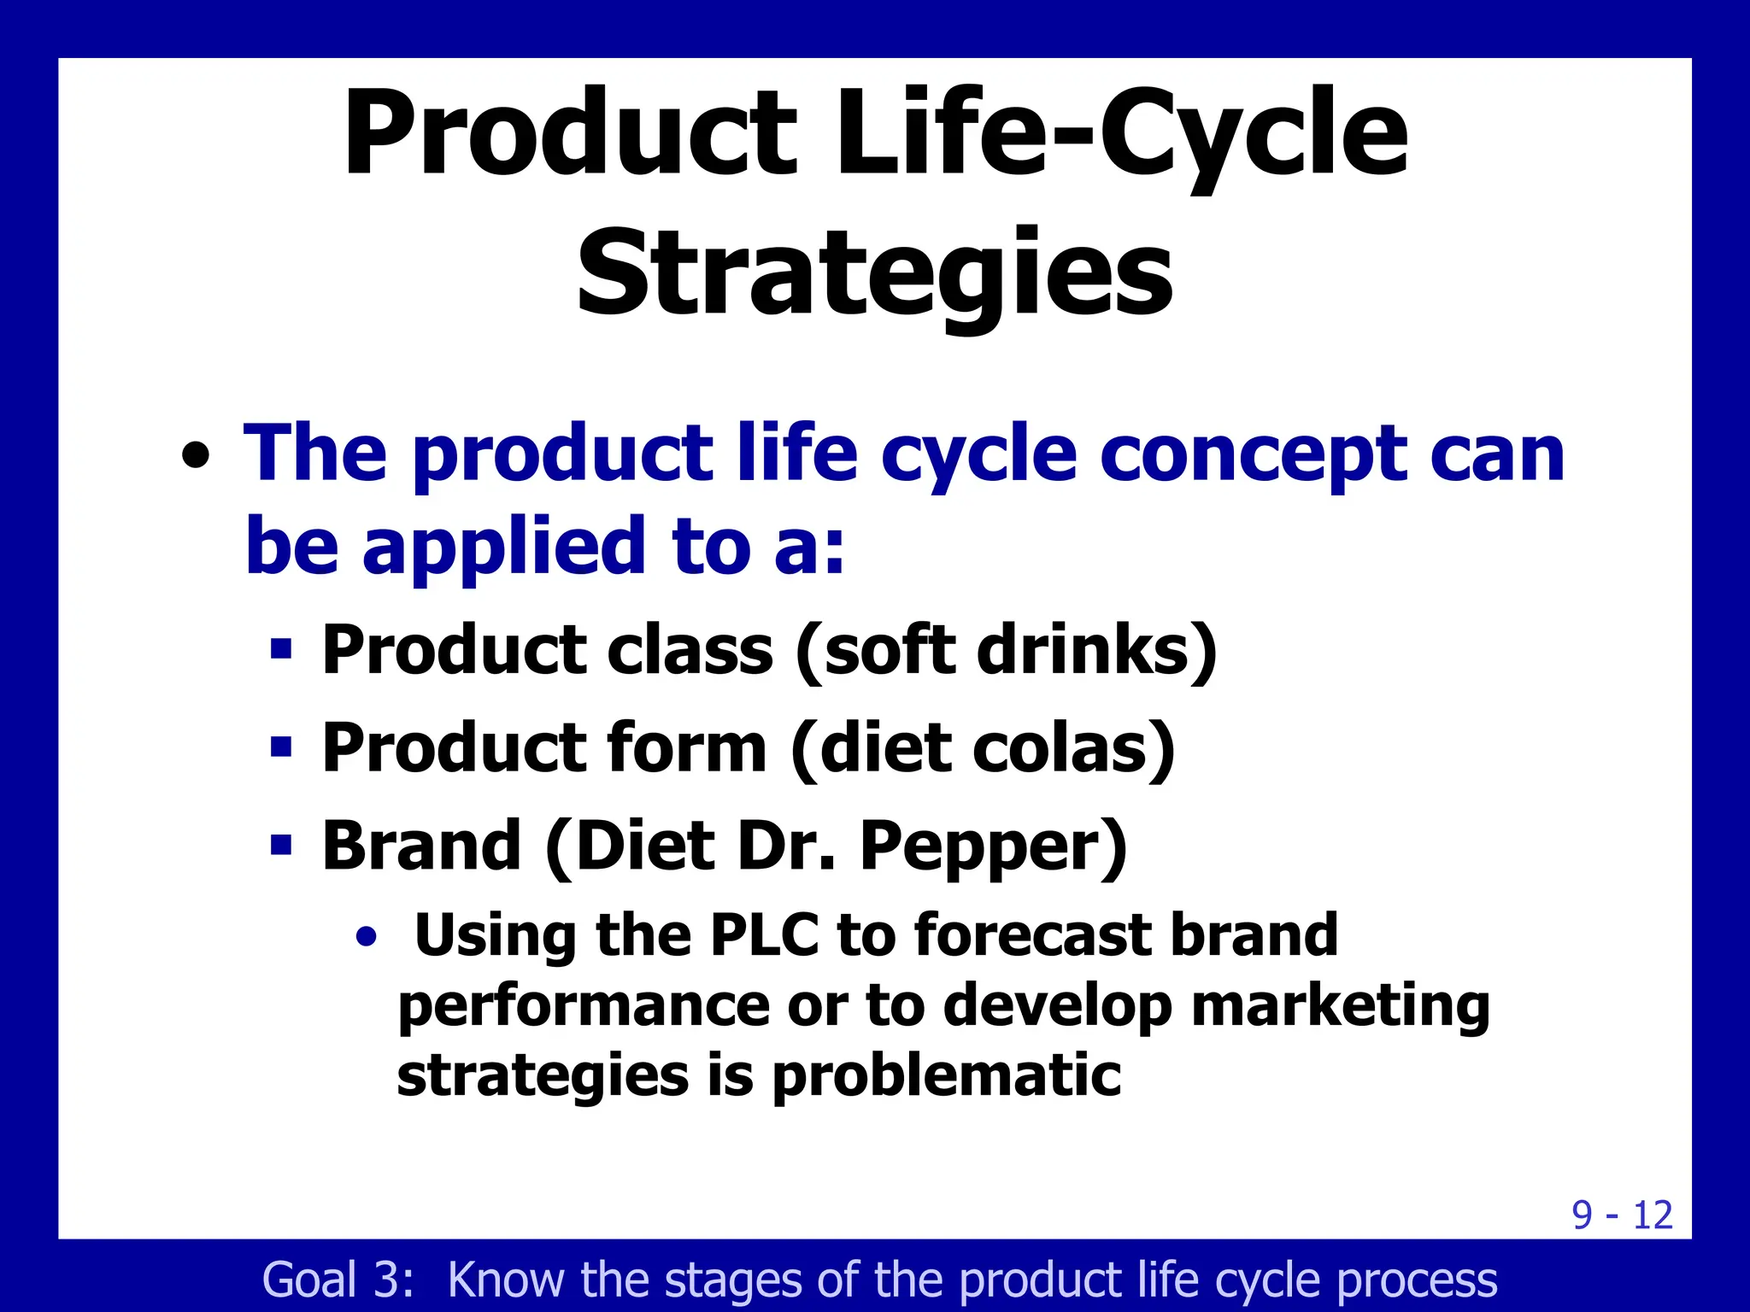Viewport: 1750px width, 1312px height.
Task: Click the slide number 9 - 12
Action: (1621, 1215)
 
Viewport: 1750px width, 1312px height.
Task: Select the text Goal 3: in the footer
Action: (338, 1280)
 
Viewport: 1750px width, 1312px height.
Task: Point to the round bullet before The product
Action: (196, 455)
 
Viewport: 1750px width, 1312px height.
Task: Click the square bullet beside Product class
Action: (281, 649)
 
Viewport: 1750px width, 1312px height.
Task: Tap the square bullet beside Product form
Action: (281, 747)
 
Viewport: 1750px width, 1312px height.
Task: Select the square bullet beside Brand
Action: (281, 846)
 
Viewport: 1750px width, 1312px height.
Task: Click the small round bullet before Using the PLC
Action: (367, 937)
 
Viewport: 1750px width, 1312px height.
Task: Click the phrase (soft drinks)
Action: (1006, 651)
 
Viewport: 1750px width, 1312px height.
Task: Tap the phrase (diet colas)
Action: (984, 749)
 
